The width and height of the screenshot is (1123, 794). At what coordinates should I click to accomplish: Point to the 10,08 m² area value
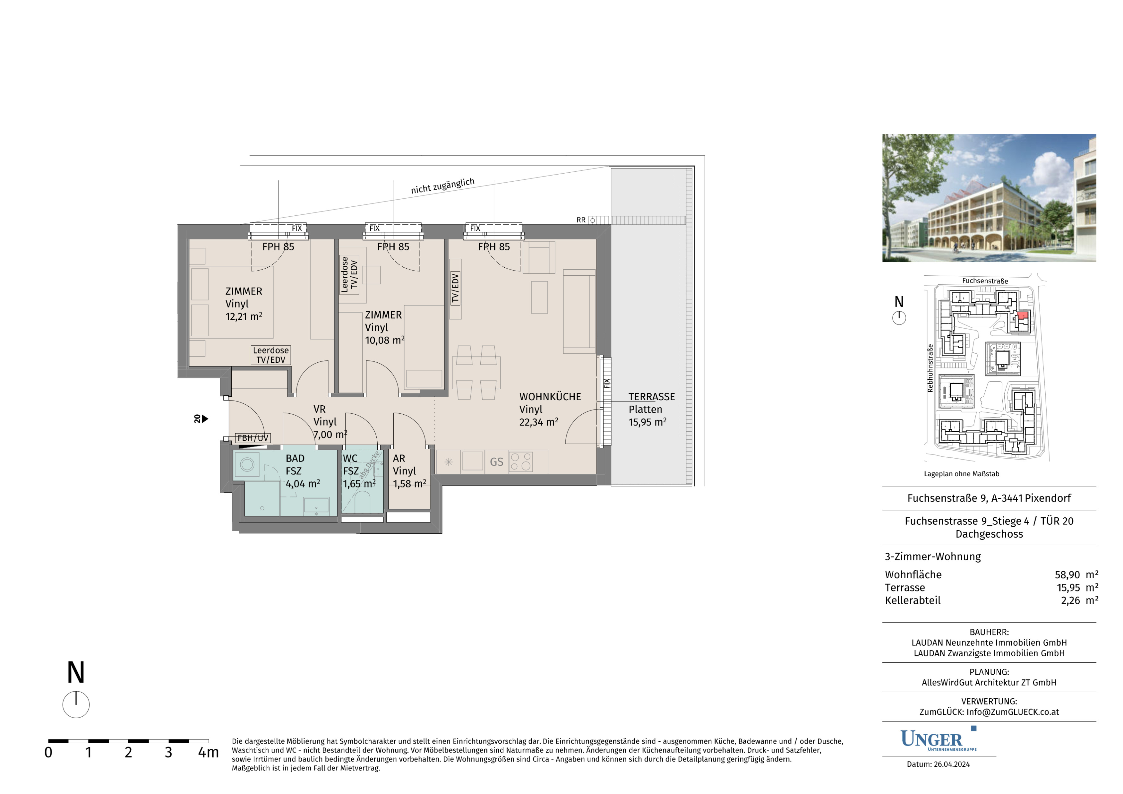click(384, 340)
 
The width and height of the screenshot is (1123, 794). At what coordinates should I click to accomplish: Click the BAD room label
click(295, 458)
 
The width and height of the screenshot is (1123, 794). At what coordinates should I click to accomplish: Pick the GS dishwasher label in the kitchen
click(496, 462)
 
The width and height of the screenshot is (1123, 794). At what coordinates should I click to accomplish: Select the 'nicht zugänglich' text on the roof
click(443, 186)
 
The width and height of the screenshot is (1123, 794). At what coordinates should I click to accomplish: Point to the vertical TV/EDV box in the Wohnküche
click(455, 288)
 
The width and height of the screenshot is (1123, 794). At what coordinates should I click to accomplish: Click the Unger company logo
click(938, 739)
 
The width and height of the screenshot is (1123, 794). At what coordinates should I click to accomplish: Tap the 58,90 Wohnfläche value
click(1067, 575)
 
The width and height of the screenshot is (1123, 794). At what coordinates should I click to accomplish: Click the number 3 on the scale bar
click(168, 752)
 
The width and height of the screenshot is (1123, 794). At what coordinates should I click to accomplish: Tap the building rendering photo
click(989, 198)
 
